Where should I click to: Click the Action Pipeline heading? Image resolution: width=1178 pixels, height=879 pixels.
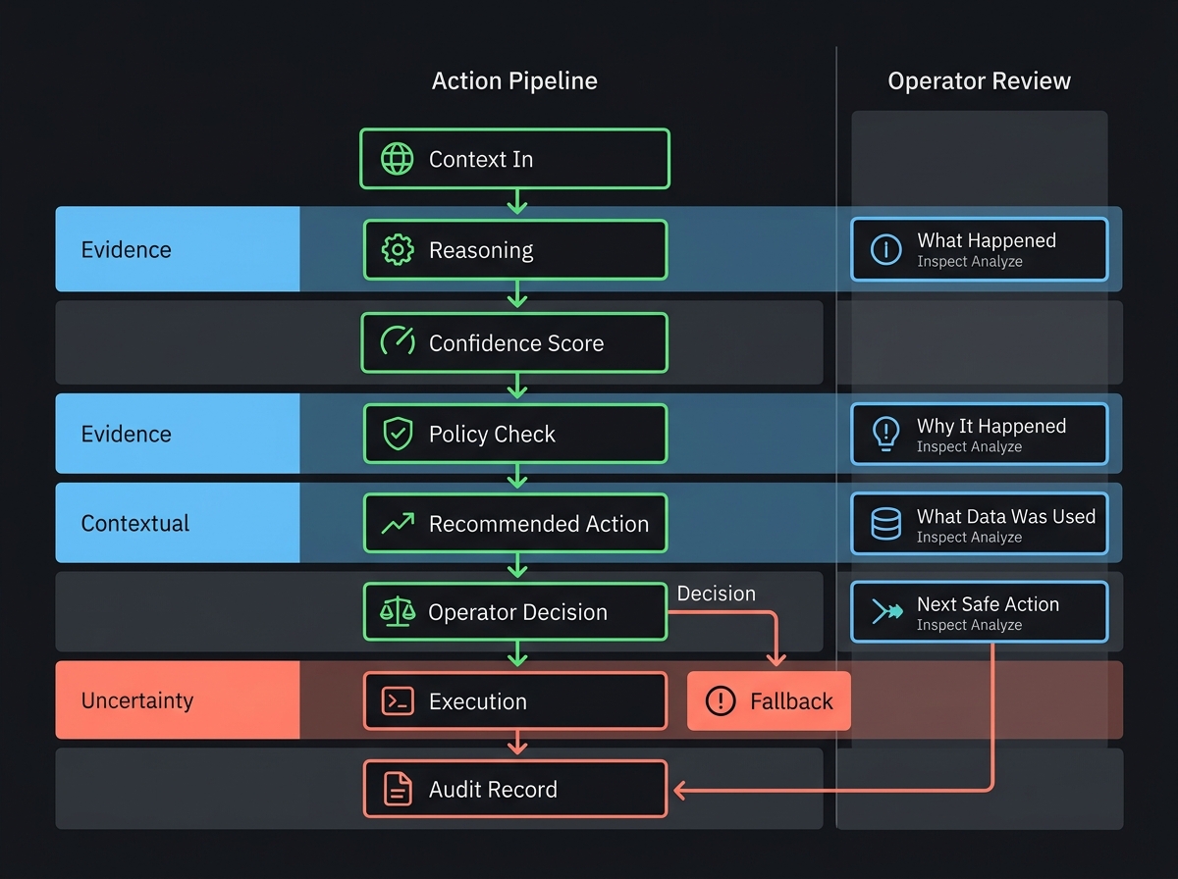tap(514, 80)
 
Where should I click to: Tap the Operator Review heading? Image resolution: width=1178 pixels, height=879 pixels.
tap(979, 80)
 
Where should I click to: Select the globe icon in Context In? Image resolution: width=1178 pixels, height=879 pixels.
tap(397, 159)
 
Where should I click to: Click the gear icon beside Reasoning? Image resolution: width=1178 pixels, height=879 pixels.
tap(397, 250)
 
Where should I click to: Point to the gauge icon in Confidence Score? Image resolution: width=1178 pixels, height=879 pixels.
tap(397, 342)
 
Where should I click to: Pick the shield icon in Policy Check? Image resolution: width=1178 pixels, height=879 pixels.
tap(397, 434)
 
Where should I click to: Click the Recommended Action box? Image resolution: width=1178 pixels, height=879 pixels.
tap(515, 523)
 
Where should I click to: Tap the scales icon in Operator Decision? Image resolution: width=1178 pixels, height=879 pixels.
tap(397, 612)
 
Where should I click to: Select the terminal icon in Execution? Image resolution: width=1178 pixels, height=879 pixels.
tap(397, 701)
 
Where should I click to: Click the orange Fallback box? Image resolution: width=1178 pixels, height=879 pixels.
tap(769, 701)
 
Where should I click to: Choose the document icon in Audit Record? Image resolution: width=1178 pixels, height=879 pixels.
tap(397, 789)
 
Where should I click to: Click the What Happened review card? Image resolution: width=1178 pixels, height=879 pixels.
tap(979, 250)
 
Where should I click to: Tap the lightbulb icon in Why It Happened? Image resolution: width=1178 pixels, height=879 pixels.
tap(886, 434)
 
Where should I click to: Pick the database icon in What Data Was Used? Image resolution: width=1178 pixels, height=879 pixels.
tap(886, 523)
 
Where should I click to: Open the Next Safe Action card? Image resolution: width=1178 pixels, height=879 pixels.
tap(979, 612)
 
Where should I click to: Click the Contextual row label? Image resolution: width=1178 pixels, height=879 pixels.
tap(135, 523)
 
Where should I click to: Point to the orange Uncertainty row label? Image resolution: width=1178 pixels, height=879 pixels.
tap(137, 701)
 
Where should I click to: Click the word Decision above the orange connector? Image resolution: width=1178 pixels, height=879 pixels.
tap(717, 594)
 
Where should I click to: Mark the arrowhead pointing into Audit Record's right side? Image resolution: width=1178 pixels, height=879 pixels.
tap(676, 789)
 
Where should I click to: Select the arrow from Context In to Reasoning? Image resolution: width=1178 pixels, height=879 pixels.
tap(516, 202)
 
